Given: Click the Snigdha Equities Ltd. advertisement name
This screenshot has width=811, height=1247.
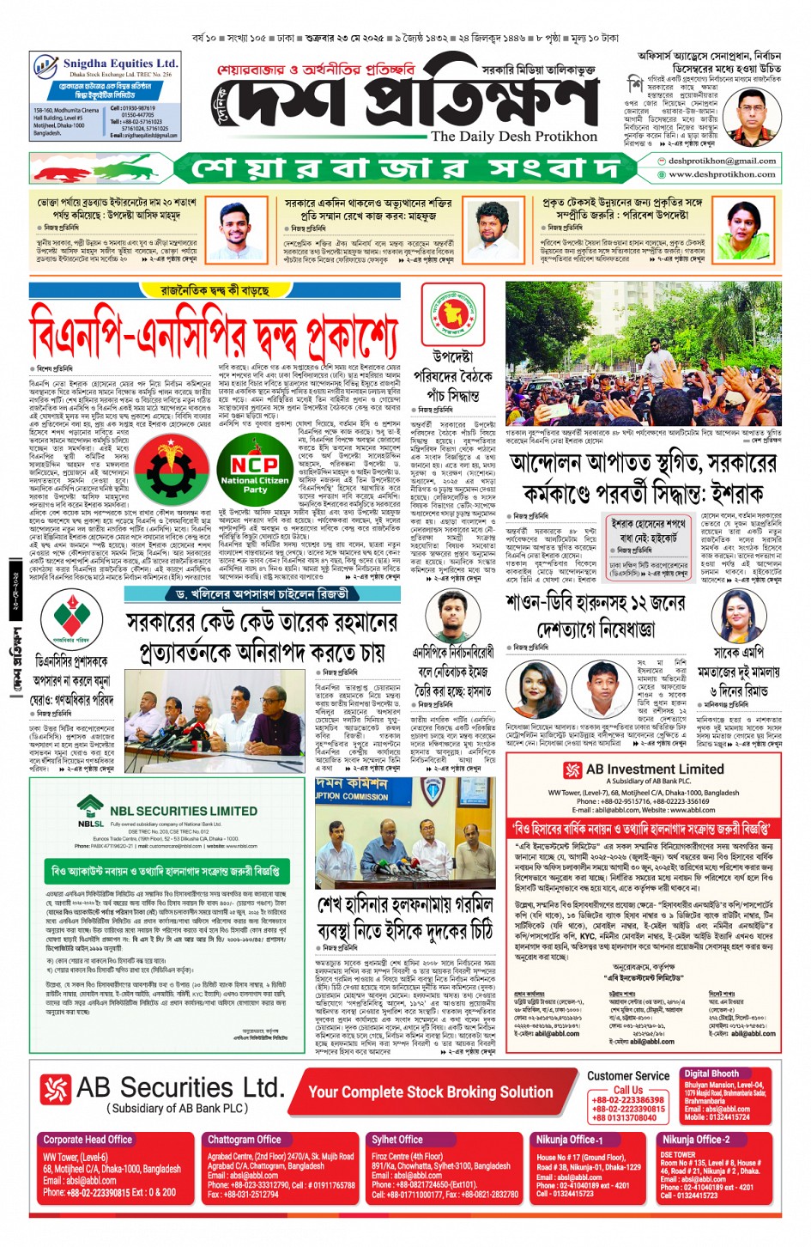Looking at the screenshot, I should tap(120, 64).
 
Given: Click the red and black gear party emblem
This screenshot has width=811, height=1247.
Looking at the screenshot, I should tap(171, 471).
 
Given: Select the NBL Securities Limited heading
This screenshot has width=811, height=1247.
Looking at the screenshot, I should tap(183, 810).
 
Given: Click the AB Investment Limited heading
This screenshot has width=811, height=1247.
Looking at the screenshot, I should tap(654, 769).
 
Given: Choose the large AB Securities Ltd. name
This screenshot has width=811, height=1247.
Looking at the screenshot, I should tap(179, 1087).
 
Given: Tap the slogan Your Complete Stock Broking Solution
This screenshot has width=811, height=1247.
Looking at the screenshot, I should tap(430, 1092).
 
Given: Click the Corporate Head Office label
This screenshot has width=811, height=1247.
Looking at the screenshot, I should tap(88, 1139).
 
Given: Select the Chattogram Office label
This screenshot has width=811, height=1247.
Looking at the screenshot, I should tap(244, 1139).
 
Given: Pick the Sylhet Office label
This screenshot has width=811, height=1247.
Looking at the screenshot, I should tap(396, 1139).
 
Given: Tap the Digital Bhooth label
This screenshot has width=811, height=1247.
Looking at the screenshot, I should tap(711, 1074).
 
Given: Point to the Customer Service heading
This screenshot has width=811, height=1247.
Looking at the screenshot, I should tap(628, 1075).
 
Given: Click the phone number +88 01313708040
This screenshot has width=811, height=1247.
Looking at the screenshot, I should tap(625, 1117).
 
